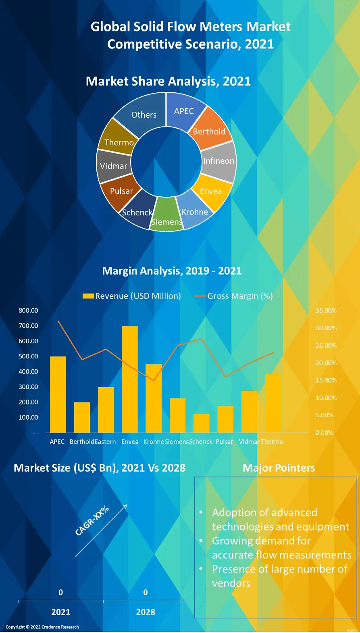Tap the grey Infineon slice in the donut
click(218, 161)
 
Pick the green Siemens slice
click(166, 216)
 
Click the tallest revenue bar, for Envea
click(130, 379)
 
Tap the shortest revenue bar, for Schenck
click(202, 423)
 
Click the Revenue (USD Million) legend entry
click(132, 296)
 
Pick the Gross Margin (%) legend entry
click(234, 296)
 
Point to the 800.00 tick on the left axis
click(28, 310)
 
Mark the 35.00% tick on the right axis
click(326, 310)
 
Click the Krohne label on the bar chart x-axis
click(154, 441)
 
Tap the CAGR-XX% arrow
click(101, 530)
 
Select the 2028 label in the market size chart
click(146, 612)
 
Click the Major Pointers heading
click(279, 468)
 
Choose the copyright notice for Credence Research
click(42, 627)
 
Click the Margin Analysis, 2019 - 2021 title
click(172, 271)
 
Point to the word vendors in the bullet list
click(231, 583)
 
